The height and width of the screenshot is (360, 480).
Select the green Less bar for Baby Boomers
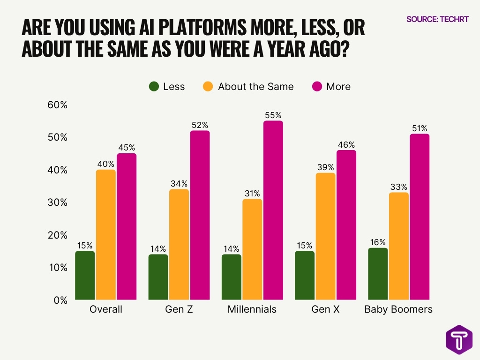coord(378,274)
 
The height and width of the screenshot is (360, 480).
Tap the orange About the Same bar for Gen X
coord(325,236)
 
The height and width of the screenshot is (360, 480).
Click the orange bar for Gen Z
coord(179,244)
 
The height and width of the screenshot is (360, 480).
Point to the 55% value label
coord(273,115)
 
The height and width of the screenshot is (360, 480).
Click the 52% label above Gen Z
coord(200,125)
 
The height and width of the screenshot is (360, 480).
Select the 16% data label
coord(378,242)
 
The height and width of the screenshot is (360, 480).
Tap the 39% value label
coord(325,167)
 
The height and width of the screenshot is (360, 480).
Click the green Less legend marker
coord(154,87)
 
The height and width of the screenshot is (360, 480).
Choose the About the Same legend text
coord(255,87)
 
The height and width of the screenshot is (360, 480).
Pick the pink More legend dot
coord(317,87)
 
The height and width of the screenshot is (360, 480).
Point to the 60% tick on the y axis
coord(58,105)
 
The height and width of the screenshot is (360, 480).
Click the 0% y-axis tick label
coord(60,300)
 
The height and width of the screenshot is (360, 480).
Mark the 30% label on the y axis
coord(58,202)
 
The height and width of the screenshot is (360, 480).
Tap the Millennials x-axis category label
coord(252,310)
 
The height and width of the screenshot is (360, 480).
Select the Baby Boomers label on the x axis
coord(398,310)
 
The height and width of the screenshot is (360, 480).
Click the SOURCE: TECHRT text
coord(437,19)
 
